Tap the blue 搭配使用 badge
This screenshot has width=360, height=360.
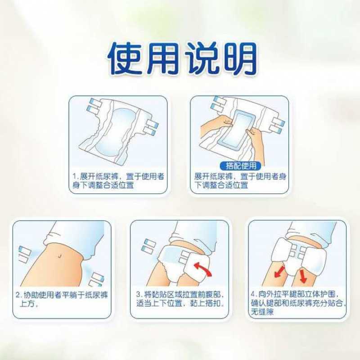pyautogui.click(x=240, y=166)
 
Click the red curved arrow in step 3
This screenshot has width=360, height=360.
pyautogui.click(x=202, y=269)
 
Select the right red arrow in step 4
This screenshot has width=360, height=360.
pyautogui.click(x=303, y=275)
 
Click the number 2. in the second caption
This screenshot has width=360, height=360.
pyautogui.click(x=18, y=295)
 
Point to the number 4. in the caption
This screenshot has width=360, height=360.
pyautogui.click(x=253, y=294)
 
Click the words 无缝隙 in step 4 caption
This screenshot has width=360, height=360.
pyautogui.click(x=262, y=312)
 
